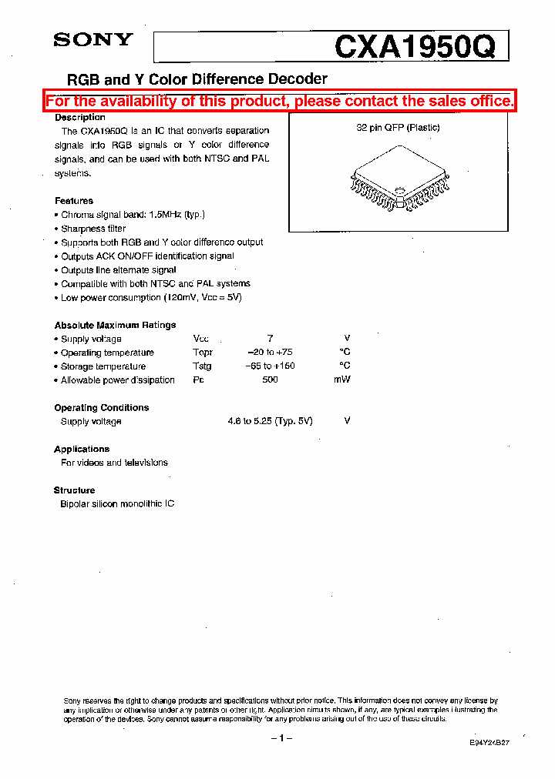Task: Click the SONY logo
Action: [x=93, y=40]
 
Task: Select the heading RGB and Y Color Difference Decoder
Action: [x=197, y=79]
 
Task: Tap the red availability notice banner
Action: [x=279, y=101]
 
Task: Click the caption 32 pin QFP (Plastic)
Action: [x=398, y=128]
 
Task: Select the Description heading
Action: [x=79, y=118]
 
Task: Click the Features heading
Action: [x=74, y=201]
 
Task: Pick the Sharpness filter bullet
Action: [x=93, y=229]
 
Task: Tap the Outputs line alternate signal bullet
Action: [x=119, y=270]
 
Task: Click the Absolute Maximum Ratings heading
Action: [x=115, y=326]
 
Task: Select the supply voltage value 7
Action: [x=270, y=339]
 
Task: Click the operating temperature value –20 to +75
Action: [x=269, y=353]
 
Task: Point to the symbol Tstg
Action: [x=202, y=366]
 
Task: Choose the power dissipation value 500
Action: [x=270, y=380]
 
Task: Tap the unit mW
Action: [x=342, y=380]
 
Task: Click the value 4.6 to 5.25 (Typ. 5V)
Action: [x=270, y=422]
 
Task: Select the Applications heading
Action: [x=82, y=450]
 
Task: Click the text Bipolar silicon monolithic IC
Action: [x=117, y=504]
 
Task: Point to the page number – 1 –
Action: [x=281, y=738]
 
